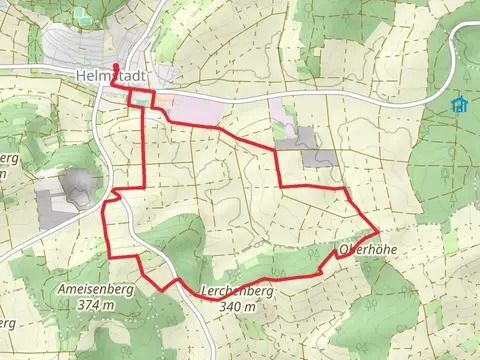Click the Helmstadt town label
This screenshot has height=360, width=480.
110,74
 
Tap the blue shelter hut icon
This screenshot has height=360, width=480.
459,104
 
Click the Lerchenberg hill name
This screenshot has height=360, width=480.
237,292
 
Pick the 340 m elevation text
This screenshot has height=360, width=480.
237,307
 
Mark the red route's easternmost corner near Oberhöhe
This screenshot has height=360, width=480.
377,228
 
